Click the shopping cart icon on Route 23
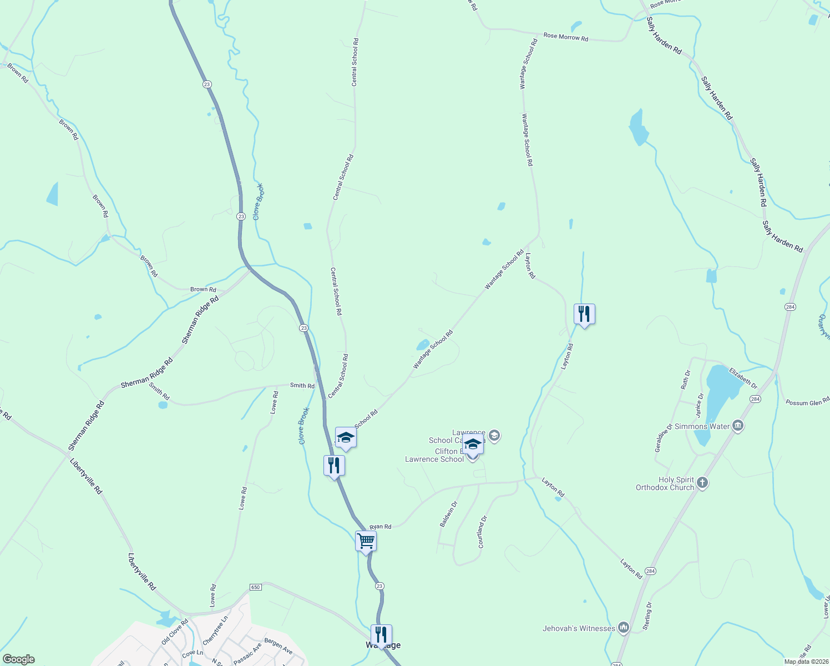(366, 541)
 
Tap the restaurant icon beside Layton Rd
(584, 314)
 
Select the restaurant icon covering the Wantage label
(381, 634)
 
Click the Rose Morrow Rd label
(565, 37)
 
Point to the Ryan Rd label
(381, 526)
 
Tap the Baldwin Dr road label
(448, 514)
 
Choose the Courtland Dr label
(482, 532)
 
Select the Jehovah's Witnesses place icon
(624, 628)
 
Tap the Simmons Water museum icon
(738, 426)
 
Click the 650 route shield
(255, 587)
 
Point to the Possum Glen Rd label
(807, 402)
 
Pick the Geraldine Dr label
(663, 438)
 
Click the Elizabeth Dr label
(743, 377)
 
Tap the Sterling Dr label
(647, 615)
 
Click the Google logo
(18, 659)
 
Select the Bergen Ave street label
(278, 646)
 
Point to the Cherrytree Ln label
(215, 630)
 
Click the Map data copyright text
(805, 662)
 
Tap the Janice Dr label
(700, 406)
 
